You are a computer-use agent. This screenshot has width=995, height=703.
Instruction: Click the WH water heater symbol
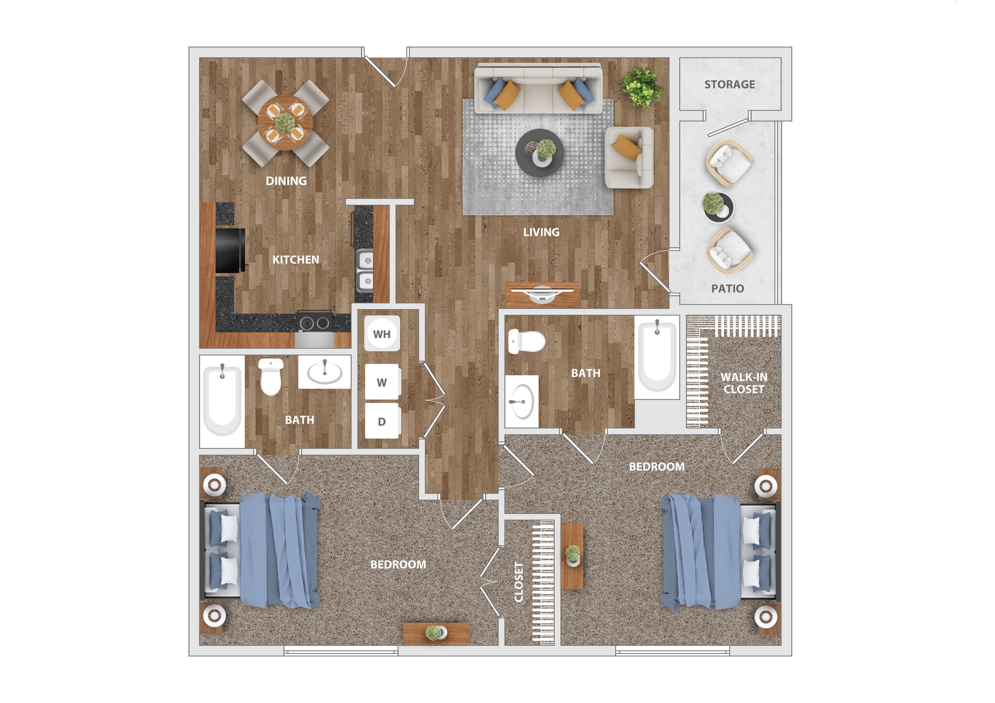(382, 334)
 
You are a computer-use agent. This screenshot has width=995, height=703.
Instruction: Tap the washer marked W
(382, 382)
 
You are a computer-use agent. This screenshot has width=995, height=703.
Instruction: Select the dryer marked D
(382, 421)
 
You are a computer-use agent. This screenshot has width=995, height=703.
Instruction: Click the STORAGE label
(729, 85)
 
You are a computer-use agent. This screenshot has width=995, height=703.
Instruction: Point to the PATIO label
(727, 289)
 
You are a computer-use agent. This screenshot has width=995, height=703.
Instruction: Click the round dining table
(285, 122)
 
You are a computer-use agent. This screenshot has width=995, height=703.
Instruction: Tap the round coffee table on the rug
(540, 153)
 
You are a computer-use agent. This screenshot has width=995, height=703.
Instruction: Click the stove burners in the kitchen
(314, 323)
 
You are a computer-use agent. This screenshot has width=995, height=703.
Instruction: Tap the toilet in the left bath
(271, 377)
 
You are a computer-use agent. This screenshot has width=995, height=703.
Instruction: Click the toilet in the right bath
(526, 342)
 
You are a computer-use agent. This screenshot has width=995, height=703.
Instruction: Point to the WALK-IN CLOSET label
(743, 383)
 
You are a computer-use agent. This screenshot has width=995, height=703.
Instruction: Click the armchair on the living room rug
(629, 157)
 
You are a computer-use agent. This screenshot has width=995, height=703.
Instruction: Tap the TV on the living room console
(542, 293)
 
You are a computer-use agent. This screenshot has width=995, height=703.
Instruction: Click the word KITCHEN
(295, 260)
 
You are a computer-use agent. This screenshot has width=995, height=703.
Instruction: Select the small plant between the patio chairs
(717, 206)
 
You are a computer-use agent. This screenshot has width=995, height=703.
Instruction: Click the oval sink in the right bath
(522, 402)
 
